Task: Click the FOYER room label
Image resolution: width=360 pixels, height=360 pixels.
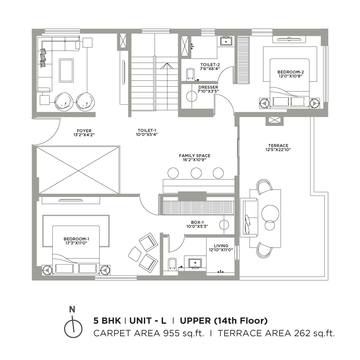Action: (x=84, y=131)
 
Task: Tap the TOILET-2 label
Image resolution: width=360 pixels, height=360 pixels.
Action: (x=210, y=65)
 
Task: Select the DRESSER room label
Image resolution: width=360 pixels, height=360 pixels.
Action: (x=208, y=87)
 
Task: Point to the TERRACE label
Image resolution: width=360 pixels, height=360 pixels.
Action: (x=278, y=146)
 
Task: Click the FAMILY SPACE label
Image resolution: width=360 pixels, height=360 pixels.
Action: (x=195, y=156)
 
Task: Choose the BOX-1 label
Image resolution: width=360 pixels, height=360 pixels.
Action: (x=197, y=222)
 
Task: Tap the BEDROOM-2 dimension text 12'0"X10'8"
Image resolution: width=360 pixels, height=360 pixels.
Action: (x=291, y=76)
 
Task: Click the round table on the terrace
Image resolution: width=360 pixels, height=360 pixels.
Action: (x=270, y=213)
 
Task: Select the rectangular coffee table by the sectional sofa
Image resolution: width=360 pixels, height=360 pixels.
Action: (x=67, y=71)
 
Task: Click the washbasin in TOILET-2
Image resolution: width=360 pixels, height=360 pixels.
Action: (x=226, y=42)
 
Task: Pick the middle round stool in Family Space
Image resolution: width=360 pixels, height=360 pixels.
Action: (x=196, y=173)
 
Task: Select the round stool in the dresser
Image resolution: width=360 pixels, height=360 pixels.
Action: (x=192, y=96)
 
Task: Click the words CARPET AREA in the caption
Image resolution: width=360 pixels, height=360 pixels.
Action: (x=126, y=333)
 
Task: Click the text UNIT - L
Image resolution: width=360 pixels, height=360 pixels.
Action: (x=148, y=321)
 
